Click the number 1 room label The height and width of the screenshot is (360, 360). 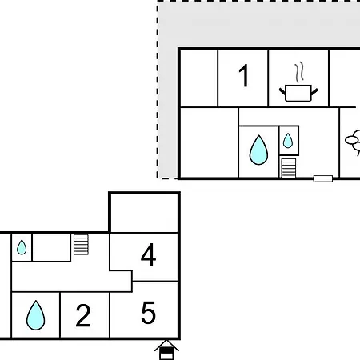[244, 76]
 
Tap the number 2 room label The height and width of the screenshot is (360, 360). [83, 315]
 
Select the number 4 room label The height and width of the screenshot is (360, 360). [148, 254]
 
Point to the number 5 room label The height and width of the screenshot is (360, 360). [148, 313]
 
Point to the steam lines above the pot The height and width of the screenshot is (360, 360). [299, 72]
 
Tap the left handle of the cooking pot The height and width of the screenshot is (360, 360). [282, 92]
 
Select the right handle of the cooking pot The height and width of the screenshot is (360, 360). [314, 92]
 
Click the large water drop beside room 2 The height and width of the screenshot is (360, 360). [35, 315]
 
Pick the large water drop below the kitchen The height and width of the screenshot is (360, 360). [258, 150]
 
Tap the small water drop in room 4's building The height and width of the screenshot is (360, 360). [22, 247]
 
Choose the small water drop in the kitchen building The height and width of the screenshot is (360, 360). [288, 141]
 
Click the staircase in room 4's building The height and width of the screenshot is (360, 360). [81, 245]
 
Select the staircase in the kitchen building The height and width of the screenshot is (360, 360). [289, 168]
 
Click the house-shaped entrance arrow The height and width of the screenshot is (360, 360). [166, 350]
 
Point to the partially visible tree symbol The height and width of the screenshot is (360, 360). [353, 142]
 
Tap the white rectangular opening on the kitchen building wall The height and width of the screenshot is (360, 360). [323, 178]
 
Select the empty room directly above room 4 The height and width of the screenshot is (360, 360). [144, 213]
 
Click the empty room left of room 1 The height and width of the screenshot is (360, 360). [199, 78]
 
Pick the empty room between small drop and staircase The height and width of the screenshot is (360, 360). [51, 247]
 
